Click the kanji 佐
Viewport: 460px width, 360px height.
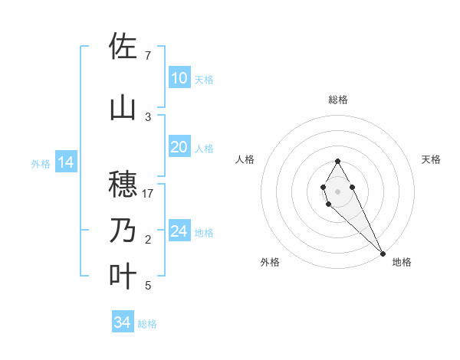point(123,47)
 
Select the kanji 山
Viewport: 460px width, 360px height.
point(123,108)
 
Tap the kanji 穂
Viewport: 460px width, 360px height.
point(123,185)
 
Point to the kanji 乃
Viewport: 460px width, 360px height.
point(123,231)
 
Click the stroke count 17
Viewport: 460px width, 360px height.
point(148,194)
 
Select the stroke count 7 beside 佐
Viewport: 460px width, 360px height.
point(148,56)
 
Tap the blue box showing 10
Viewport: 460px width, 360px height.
point(179,78)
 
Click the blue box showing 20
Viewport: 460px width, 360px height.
point(179,147)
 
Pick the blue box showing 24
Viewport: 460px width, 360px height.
point(179,231)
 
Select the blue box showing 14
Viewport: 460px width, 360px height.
point(66,162)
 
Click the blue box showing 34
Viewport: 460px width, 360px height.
point(122,322)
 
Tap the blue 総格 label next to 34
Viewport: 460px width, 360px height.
point(147,324)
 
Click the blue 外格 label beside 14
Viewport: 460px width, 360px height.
point(41,163)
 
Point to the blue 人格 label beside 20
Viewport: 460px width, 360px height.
point(204,148)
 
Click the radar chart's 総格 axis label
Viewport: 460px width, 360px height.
point(338,100)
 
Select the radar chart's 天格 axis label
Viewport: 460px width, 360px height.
point(432,159)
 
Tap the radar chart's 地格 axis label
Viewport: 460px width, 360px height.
point(402,262)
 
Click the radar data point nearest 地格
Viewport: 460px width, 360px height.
point(383,253)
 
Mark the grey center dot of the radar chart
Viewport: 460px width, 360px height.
point(338,191)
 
